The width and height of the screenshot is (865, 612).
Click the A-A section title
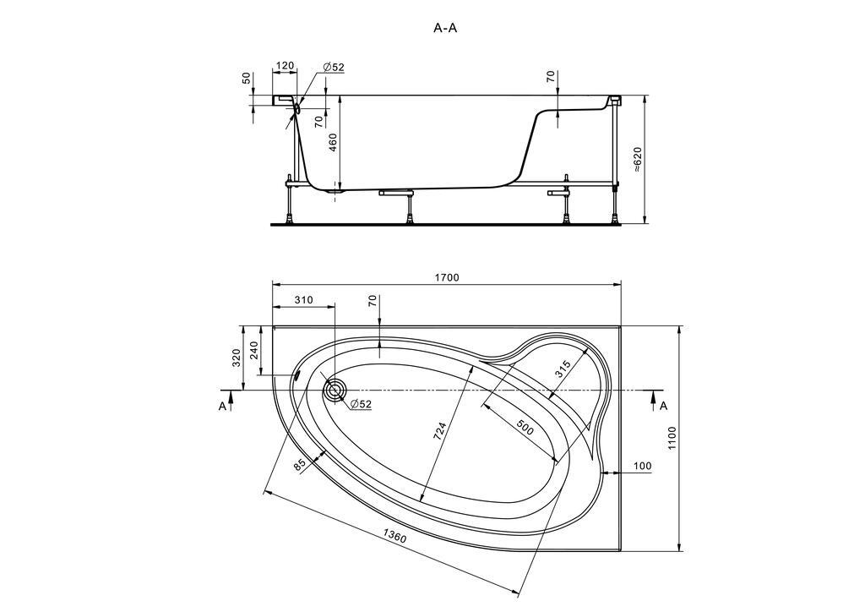445,29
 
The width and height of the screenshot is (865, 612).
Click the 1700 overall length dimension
447,277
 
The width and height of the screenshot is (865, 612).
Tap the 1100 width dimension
672,438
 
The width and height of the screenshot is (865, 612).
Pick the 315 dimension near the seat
562,369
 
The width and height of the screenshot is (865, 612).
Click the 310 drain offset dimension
303,300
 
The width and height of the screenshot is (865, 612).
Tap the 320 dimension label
237,358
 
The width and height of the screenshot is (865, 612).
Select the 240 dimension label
254,351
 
